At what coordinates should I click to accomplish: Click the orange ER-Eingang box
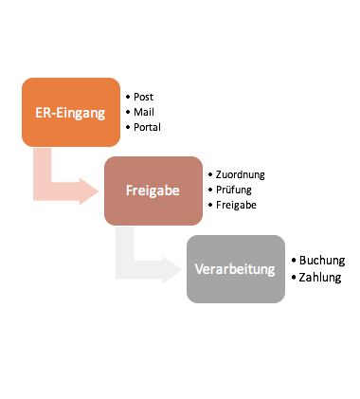coord(72,111)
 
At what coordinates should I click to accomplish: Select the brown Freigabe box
coord(153,190)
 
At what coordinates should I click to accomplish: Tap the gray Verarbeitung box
coord(235,268)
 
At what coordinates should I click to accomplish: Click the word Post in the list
coord(144,97)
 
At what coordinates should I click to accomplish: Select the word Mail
coord(144,111)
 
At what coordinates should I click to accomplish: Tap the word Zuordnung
coord(241,175)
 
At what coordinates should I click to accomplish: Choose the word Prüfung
coord(235,190)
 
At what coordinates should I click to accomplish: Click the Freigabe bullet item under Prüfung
coord(237,205)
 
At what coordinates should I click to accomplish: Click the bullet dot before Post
coord(127,97)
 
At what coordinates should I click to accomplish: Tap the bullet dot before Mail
coord(127,111)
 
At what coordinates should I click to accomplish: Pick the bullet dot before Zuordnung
coord(209,175)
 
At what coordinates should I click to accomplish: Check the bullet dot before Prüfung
coord(209,190)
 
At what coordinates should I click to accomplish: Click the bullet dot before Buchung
coord(294,259)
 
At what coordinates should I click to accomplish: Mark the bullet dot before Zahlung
coord(294,277)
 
